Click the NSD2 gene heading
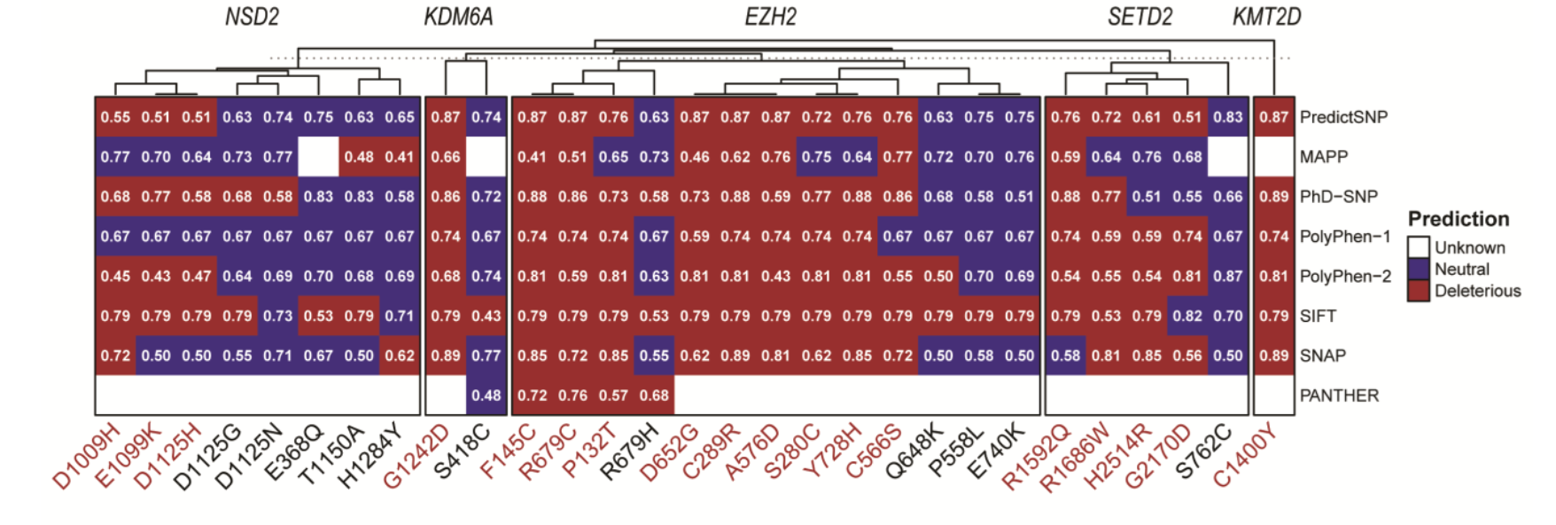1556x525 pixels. (252, 17)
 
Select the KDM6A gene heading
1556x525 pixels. (458, 17)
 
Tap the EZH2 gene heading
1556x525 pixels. (770, 17)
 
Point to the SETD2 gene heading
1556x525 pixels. (1140, 17)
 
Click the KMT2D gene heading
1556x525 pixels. (1266, 17)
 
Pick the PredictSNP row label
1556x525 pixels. (1343, 117)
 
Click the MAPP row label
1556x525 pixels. (1323, 157)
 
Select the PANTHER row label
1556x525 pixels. (1339, 396)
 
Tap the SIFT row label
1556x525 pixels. (1318, 316)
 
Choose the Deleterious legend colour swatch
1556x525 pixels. (1419, 291)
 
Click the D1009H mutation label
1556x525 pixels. (86, 458)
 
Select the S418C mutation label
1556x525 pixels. (462, 452)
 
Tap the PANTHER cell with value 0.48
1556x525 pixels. (486, 396)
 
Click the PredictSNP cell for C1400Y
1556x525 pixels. (1273, 117)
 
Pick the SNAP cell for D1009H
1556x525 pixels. (115, 356)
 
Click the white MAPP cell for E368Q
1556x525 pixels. (318, 157)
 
